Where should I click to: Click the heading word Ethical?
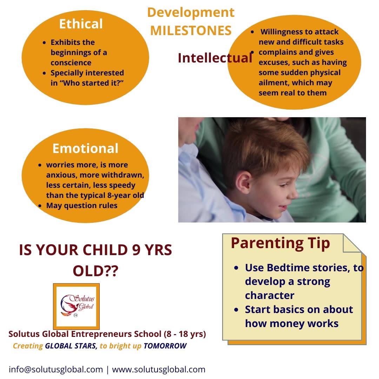click(81, 24)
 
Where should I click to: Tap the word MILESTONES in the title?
click(191, 31)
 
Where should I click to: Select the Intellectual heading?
click(215, 58)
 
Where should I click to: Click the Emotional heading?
click(85, 148)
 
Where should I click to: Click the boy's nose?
click(294, 193)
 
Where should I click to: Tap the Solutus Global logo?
click(77, 306)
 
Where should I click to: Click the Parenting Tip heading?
click(280, 244)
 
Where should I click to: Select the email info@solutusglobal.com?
click(56, 369)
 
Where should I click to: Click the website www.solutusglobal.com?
click(159, 369)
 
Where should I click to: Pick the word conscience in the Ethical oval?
click(71, 62)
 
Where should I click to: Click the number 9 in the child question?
click(136, 250)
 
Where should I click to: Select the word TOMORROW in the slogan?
click(165, 346)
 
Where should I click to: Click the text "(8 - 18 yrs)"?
click(185, 334)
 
